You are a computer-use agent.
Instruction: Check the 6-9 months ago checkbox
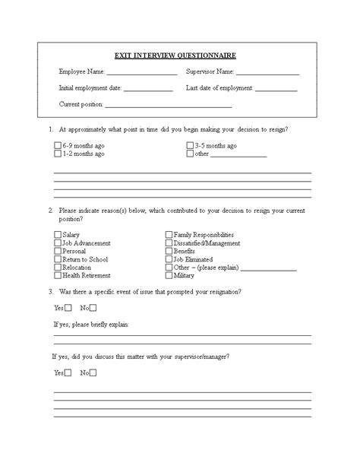(58, 145)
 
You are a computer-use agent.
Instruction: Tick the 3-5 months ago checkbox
(190, 145)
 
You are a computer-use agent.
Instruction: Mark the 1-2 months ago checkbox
(58, 154)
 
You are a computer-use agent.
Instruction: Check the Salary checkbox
(58, 235)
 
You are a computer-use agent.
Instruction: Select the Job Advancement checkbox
(58, 243)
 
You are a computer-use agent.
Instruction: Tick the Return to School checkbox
(58, 259)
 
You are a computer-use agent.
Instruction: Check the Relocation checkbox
(58, 268)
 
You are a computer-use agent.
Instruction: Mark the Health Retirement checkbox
(58, 276)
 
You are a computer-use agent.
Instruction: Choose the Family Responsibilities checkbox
(169, 235)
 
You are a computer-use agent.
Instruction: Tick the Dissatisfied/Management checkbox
(169, 243)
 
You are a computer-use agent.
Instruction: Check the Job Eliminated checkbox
(169, 259)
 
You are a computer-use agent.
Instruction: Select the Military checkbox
(169, 276)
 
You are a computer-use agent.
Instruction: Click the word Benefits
(185, 251)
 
